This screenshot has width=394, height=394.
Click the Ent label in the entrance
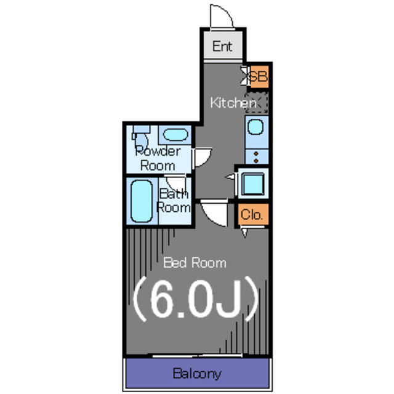tap(222, 46)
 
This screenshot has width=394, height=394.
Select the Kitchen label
tap(233, 103)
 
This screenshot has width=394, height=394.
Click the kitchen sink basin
tap(255, 127)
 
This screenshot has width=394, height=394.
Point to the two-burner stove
tap(257, 157)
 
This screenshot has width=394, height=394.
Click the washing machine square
tap(254, 183)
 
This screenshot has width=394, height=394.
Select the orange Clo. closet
tap(253, 214)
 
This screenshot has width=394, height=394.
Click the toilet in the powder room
tap(140, 137)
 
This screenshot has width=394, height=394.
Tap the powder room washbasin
tap(175, 135)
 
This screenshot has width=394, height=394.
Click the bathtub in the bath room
tap(142, 201)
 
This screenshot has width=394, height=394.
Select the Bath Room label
tap(174, 201)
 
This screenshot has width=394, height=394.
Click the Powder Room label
tap(158, 159)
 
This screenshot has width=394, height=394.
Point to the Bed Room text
tap(195, 263)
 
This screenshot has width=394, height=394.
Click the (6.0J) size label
tap(196, 299)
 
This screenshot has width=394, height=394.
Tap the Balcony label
tap(197, 374)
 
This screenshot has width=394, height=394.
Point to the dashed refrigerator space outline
tap(256, 103)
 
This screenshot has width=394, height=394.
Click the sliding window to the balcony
tap(197, 355)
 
